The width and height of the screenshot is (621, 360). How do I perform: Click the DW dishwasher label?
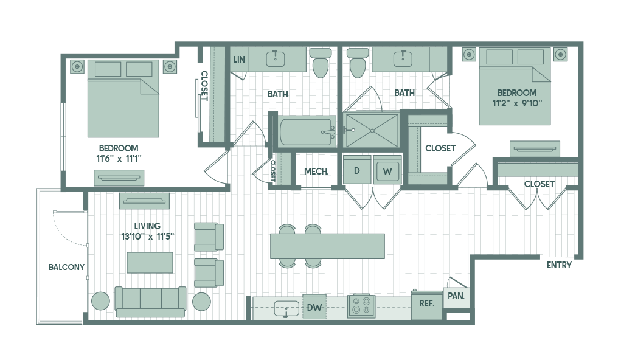[x=314, y=308]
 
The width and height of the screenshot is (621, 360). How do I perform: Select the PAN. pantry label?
[x=456, y=297]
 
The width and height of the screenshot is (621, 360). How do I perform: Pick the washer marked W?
[x=387, y=171]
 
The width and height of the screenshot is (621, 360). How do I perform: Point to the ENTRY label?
[x=559, y=265]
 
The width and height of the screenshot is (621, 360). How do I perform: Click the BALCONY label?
[x=67, y=267]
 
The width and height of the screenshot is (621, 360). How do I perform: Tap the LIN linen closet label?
[x=239, y=59]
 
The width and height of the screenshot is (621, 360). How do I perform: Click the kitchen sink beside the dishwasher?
[x=286, y=308]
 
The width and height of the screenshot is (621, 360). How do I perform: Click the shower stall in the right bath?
[x=371, y=130]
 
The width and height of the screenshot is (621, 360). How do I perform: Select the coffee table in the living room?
[x=150, y=262]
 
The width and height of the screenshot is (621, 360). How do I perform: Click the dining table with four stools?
[x=327, y=246]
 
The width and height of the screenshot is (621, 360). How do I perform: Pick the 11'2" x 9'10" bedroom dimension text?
[x=516, y=103]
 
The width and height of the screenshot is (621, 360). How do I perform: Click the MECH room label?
[x=316, y=171]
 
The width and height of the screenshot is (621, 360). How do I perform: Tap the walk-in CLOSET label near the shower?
[x=440, y=148]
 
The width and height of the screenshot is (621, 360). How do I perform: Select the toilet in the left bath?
[x=320, y=63]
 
